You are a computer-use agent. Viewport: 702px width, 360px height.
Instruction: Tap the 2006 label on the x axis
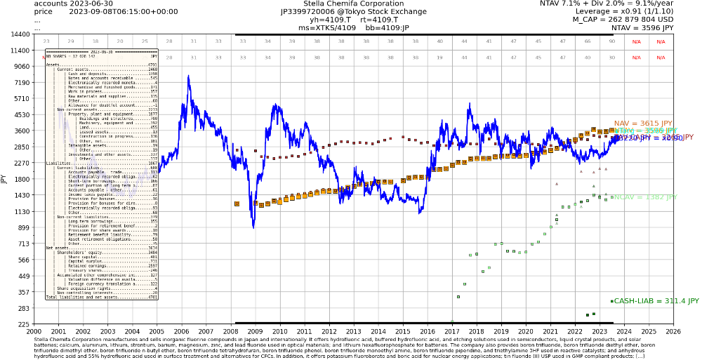[x=180, y=331]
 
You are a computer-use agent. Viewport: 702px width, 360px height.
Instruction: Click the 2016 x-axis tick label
[x=427, y=331]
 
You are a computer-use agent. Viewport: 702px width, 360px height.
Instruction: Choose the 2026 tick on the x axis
[x=673, y=331]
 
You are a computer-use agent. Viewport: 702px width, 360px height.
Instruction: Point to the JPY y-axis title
[x=4, y=179]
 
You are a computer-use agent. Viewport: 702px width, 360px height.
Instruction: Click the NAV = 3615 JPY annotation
[x=642, y=124]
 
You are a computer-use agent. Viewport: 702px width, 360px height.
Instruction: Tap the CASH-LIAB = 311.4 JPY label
[x=656, y=301]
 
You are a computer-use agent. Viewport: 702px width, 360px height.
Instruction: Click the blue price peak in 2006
[x=188, y=76]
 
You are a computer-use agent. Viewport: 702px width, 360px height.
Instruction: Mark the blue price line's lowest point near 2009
[x=253, y=227]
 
